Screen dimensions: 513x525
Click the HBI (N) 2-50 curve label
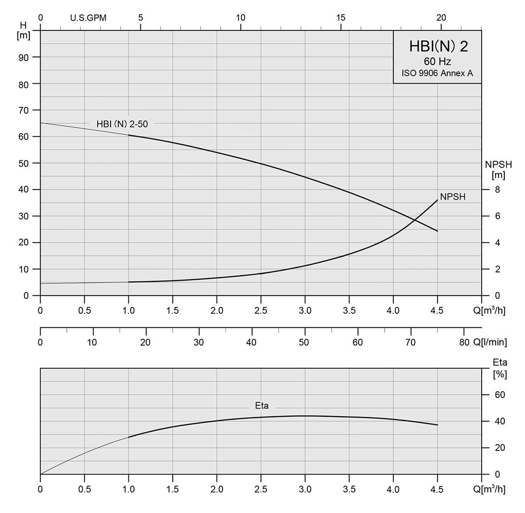(x=122, y=124)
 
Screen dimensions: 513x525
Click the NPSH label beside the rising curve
(x=452, y=197)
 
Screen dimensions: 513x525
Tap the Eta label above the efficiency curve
(x=262, y=406)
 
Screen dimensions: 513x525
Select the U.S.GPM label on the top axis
(x=88, y=18)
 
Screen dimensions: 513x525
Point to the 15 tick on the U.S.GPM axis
(x=341, y=18)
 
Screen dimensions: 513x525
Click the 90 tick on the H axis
(x=24, y=57)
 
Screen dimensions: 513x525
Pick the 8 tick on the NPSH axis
(x=497, y=190)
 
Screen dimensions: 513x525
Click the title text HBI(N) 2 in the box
(x=438, y=46)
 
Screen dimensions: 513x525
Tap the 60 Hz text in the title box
(x=437, y=62)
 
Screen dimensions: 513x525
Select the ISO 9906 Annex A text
(x=437, y=74)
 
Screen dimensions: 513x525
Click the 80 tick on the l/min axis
(x=463, y=342)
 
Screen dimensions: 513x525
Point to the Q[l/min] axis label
(x=490, y=342)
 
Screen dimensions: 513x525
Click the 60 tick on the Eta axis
(x=500, y=395)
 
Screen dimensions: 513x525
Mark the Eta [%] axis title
(x=500, y=368)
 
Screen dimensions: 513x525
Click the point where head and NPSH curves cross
(x=414, y=220)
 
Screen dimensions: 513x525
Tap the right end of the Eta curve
(x=437, y=425)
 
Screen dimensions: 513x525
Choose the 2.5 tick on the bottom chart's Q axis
(x=261, y=489)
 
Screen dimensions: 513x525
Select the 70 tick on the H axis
(x=24, y=110)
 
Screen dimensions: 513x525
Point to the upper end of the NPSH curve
(x=437, y=200)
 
